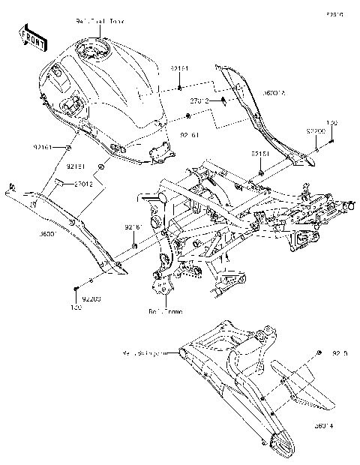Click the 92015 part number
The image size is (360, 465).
(340, 352)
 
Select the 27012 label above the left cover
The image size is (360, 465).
(82, 183)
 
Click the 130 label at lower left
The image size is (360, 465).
(76, 307)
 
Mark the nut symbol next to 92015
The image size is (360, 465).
(319, 352)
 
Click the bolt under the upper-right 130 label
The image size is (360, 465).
(331, 136)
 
